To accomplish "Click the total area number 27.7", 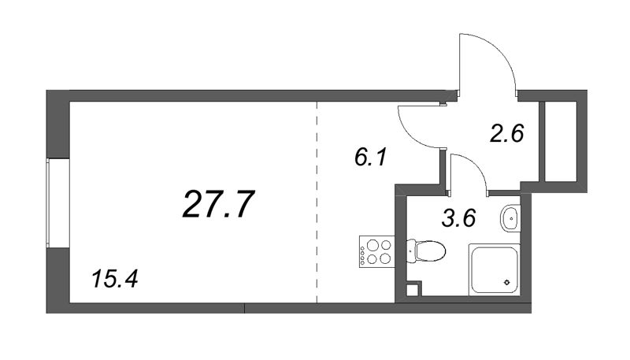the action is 218,204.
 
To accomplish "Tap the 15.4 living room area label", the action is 114,279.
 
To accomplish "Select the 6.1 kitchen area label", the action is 370,157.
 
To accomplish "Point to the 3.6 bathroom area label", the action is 458,218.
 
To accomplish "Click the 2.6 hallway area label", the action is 506,133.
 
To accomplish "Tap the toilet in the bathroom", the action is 426,251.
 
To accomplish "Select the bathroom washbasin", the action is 510,217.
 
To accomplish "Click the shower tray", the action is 495,269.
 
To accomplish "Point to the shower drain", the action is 507,282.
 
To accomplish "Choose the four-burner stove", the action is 377,251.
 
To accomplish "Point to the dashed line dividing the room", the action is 317,202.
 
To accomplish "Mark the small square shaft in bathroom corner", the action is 412,290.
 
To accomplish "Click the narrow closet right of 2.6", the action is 560,142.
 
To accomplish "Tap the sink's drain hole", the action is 511,218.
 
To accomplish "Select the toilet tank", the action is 411,251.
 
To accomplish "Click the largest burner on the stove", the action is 372,245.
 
